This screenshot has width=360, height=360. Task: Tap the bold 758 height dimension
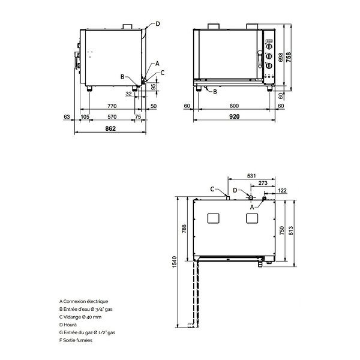pos(290,57)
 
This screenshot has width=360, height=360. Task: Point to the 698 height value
pos(281,58)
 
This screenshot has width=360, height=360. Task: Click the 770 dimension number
pos(112,106)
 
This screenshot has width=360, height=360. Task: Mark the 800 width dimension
pos(239,106)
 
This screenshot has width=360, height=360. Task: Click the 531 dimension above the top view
pos(252,176)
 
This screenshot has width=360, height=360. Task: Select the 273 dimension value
pos(262,184)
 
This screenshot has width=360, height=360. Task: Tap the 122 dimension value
pos(282,191)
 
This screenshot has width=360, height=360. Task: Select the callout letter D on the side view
pos(158,23)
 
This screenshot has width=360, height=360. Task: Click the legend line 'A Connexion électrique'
pos(84,301)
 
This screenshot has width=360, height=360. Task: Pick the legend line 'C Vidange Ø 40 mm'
pos(81,316)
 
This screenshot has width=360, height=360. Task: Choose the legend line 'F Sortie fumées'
pos(76,340)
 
